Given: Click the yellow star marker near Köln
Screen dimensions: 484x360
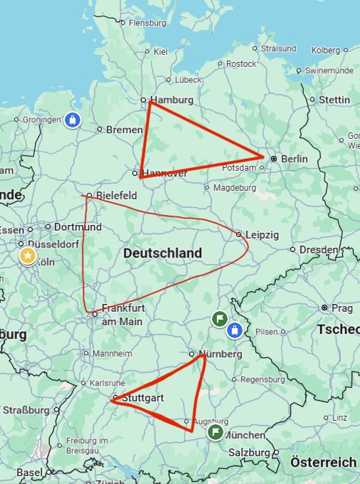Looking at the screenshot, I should tap(28, 256).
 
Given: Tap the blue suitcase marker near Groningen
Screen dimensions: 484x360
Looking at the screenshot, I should tap(71, 120).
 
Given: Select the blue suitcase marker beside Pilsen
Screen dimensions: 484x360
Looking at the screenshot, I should tap(235, 331).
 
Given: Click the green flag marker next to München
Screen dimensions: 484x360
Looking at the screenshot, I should tap(215, 432).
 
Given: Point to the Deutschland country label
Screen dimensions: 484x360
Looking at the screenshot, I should tap(162, 253).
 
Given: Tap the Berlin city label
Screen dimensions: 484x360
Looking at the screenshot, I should tap(294, 159).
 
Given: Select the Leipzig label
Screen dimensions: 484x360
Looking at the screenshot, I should tap(262, 235).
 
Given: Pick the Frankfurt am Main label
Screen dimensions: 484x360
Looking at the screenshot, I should tap(122, 315).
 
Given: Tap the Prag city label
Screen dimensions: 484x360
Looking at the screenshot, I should tap(342, 307).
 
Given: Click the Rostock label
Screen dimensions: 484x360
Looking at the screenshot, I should tap(241, 63).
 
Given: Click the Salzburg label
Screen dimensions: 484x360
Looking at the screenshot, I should tap(249, 453).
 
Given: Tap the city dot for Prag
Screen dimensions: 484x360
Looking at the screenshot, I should tap(325, 307).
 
